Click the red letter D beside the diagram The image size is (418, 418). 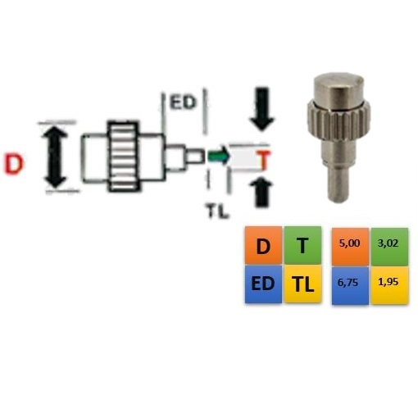point(13,164)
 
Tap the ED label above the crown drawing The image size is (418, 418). point(183,102)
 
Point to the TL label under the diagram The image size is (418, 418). point(217,211)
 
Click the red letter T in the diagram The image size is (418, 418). point(264,161)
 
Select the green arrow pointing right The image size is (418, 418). point(218,157)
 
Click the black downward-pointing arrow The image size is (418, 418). point(261,109)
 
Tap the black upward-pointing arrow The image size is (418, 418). point(261,192)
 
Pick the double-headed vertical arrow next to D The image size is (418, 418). point(56,156)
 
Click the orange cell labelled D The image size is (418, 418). point(263,245)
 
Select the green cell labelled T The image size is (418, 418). point(302,245)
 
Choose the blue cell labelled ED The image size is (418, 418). point(263,284)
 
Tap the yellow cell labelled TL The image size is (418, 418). point(302,284)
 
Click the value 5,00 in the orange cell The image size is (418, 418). point(349,243)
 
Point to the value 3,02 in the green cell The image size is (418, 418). point(388,243)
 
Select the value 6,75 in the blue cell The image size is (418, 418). point(348,282)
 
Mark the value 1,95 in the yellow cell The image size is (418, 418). point(388,282)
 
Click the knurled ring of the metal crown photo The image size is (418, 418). point(338,117)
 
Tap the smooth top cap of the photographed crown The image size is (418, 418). point(338,90)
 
